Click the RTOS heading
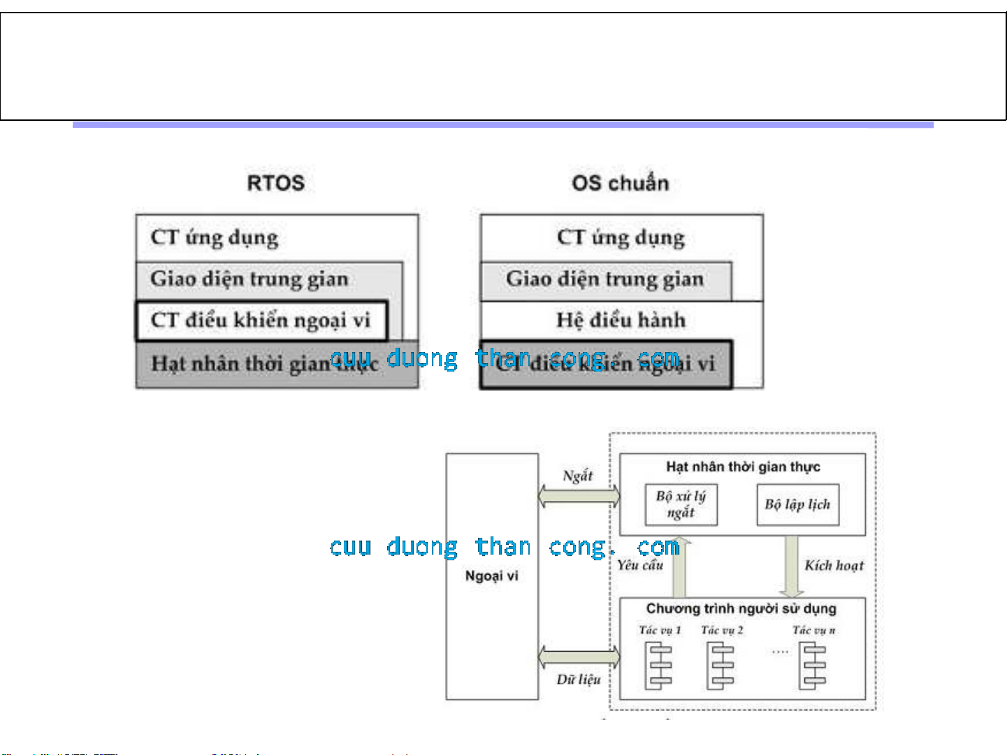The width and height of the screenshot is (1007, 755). (x=276, y=183)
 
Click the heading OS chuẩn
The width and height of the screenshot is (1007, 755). (x=620, y=183)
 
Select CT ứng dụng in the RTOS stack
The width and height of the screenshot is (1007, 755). (x=215, y=237)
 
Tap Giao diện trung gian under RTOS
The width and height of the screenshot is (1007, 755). (x=249, y=279)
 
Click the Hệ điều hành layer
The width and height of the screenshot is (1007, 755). (x=621, y=320)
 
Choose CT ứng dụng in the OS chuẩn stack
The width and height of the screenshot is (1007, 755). (x=621, y=237)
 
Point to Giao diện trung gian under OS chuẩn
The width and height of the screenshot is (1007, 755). (x=604, y=279)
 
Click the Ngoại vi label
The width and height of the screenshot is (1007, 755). (x=492, y=576)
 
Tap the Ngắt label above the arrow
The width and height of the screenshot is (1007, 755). (x=578, y=476)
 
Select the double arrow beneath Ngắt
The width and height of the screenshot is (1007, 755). (x=579, y=496)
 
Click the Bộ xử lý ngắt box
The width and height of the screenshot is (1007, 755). (x=681, y=504)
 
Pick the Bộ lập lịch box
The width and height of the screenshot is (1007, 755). (x=797, y=504)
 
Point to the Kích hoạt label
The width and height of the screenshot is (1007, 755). (x=834, y=566)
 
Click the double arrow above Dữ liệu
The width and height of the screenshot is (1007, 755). (x=579, y=657)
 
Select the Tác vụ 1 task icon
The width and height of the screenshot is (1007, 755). (x=659, y=666)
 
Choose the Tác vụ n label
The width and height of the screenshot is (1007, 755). (x=814, y=630)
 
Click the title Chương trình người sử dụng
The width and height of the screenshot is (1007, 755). (x=741, y=608)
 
